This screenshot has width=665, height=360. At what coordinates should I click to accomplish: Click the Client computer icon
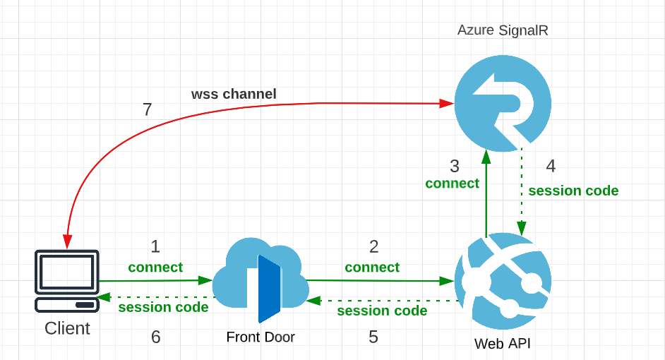point(67,281)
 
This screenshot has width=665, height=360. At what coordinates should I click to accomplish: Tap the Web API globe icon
point(503,281)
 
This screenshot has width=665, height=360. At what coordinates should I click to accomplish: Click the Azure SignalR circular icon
point(502,103)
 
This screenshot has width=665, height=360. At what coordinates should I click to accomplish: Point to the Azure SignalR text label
point(503,30)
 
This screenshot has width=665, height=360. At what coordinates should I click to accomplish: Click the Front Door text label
point(260,337)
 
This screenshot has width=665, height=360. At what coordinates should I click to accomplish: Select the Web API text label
point(502,344)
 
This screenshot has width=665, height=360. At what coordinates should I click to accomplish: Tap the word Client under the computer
point(67,328)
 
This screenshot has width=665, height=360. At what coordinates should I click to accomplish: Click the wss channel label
point(234,94)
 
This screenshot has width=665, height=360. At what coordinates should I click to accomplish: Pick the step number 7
point(147,109)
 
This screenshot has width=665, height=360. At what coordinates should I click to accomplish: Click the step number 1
point(155,246)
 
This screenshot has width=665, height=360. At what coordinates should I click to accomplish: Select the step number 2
point(373,246)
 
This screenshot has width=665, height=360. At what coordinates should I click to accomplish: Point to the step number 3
point(455,166)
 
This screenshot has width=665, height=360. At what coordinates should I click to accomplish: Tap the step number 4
point(551,166)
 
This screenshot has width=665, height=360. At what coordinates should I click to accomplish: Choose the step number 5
point(373,337)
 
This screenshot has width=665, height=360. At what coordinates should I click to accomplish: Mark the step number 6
point(155,337)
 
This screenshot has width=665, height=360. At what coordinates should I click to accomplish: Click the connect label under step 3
point(452,184)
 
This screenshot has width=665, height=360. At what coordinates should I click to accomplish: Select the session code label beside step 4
point(573,191)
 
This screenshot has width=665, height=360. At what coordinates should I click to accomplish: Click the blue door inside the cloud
point(269,288)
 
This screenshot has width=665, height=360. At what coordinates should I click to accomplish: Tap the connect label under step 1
point(155,268)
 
